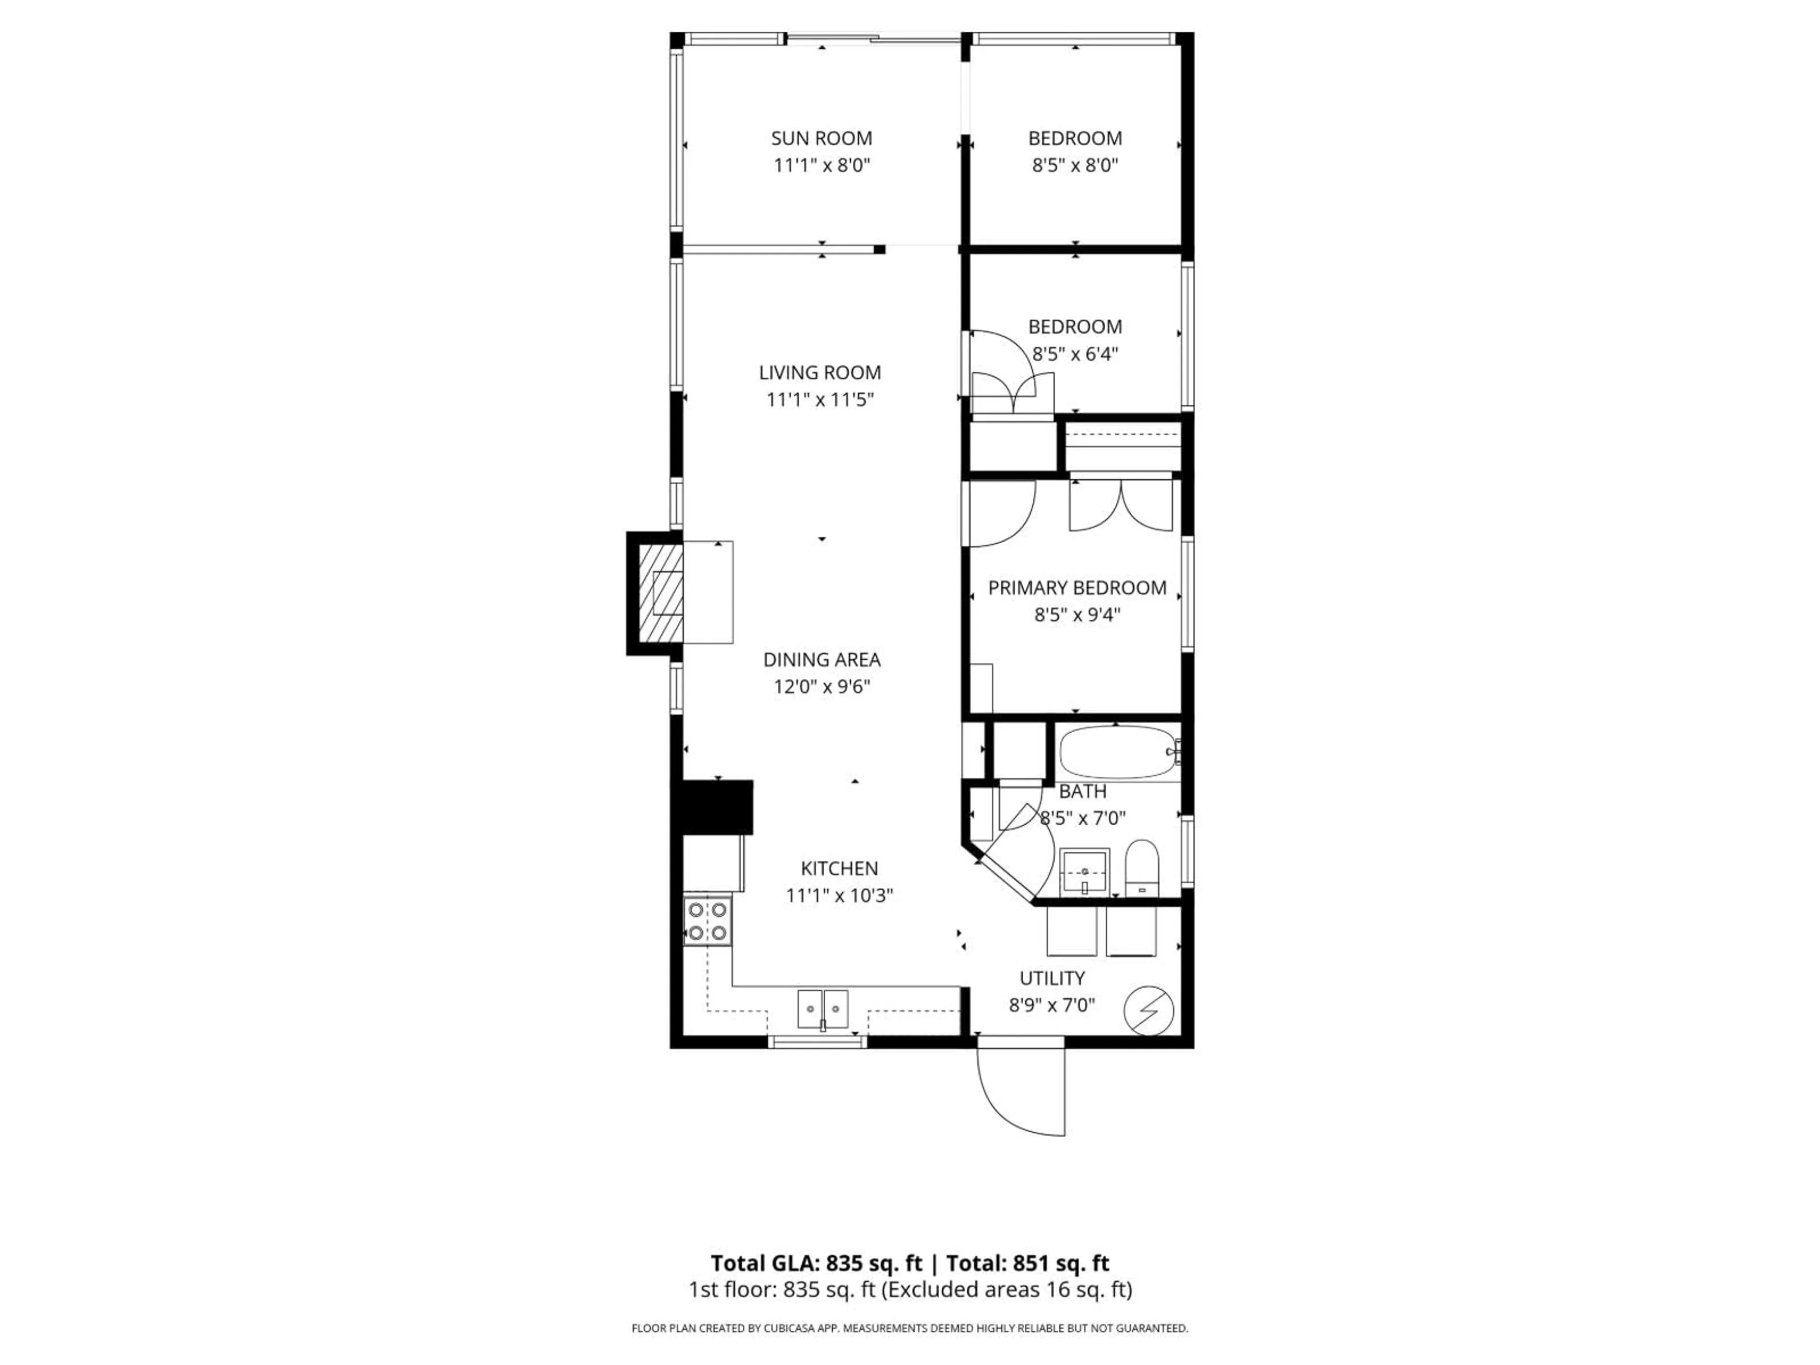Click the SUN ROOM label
click(821, 138)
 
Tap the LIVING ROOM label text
click(819, 373)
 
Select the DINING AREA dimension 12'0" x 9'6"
click(821, 686)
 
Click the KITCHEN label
click(839, 868)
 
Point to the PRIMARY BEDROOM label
click(1076, 587)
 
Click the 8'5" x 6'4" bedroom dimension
click(1074, 354)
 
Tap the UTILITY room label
click(1052, 978)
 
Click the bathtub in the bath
click(1117, 752)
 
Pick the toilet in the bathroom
click(1141, 867)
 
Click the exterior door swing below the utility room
click(1022, 1090)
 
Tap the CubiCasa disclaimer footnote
click(909, 1328)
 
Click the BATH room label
click(1082, 792)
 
